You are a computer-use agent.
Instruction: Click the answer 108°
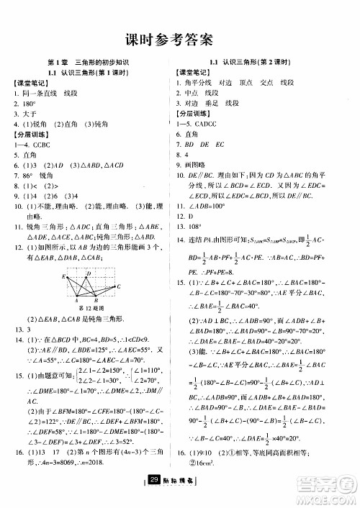pyautogui.click(x=193, y=224)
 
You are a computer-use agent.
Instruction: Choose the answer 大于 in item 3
pyautogui.click(x=30, y=114)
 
